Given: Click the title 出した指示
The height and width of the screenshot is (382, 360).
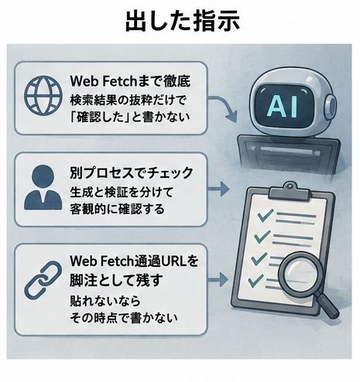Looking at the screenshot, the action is [x=183, y=22].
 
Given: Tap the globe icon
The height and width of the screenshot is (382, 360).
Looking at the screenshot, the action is [x=43, y=95].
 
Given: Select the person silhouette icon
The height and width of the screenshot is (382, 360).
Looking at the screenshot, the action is [x=43, y=187].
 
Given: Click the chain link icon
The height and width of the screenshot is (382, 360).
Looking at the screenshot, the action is [x=43, y=278].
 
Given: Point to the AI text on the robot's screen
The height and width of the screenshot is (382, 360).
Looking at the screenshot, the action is [x=283, y=107].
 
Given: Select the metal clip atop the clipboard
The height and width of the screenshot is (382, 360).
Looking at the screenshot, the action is [x=290, y=191].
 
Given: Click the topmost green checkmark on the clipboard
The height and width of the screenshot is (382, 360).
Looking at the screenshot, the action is [x=266, y=215].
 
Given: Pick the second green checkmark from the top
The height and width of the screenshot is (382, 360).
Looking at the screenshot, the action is [x=262, y=236].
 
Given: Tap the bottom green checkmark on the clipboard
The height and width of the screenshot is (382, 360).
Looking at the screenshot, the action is [x=255, y=281].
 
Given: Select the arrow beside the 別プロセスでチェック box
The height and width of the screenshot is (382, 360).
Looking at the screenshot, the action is [x=218, y=189].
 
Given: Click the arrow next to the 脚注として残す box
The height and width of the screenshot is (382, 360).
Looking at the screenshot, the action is [x=218, y=279].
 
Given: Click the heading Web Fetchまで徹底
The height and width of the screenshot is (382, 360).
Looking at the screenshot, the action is [x=130, y=81].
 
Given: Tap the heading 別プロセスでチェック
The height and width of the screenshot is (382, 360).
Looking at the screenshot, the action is [x=132, y=172].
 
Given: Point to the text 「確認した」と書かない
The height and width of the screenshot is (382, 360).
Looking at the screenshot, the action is [x=130, y=118].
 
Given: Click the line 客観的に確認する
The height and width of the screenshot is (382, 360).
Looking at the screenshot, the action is [x=117, y=209].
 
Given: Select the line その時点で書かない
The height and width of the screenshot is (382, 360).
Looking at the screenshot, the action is [x=124, y=318].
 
